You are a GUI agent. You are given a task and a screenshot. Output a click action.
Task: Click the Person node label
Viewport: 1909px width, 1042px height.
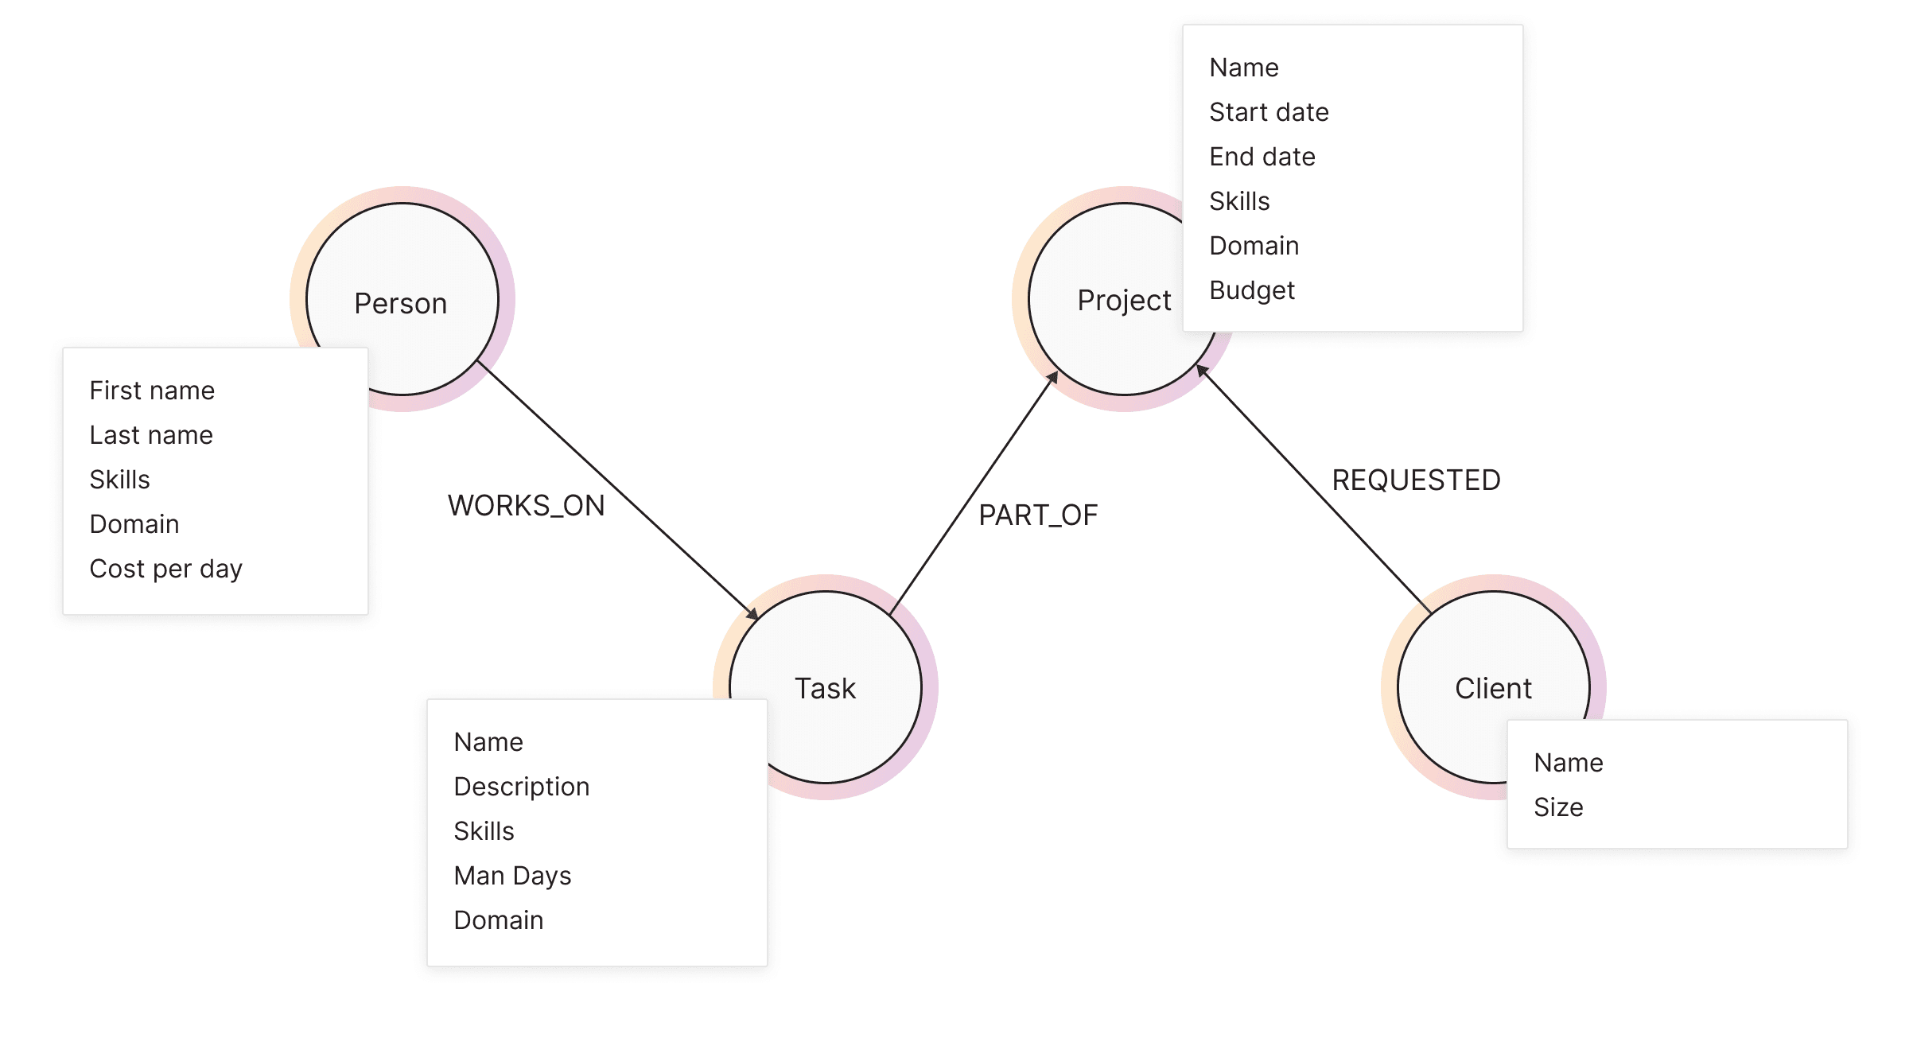[x=401, y=304]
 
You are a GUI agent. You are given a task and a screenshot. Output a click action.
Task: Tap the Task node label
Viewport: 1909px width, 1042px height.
[x=825, y=688]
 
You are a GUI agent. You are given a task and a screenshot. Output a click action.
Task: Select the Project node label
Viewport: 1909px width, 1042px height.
[x=1124, y=301]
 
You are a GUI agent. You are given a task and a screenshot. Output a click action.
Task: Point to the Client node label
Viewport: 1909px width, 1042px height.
[x=1493, y=688]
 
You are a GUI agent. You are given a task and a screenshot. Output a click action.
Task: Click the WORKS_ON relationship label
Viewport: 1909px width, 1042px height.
[x=526, y=506]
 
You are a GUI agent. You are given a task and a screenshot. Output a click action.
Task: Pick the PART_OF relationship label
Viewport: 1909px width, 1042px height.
[x=1038, y=515]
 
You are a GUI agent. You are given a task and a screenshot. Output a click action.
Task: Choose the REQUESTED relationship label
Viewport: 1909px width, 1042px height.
[x=1416, y=480]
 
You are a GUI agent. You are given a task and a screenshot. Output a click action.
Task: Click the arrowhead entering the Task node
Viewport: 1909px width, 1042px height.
[x=752, y=614]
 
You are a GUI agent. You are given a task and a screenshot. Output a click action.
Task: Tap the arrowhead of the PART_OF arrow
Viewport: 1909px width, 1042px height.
[x=1052, y=377]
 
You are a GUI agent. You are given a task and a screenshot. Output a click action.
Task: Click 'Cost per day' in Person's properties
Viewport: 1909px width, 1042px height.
[x=165, y=569]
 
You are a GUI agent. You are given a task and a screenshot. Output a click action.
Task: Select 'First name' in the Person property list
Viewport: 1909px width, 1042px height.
[x=152, y=391]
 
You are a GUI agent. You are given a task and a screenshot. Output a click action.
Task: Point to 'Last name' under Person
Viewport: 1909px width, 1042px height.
[x=151, y=435]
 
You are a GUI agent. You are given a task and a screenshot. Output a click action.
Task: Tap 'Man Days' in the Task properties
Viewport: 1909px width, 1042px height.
[x=512, y=876]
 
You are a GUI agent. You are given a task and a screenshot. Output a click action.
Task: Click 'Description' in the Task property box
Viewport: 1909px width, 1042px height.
[x=522, y=787]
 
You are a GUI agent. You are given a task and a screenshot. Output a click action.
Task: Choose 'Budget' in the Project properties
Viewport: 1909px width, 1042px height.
[x=1252, y=290]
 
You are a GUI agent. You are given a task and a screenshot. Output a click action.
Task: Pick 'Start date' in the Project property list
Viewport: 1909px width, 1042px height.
[x=1269, y=112]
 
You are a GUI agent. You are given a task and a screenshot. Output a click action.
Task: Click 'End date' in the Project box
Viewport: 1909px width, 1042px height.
[x=1262, y=157]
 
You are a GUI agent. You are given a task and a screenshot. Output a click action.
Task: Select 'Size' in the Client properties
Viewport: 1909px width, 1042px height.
[x=1558, y=807]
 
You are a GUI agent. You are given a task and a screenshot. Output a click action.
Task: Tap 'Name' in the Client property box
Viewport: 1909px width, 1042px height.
[x=1568, y=763]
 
